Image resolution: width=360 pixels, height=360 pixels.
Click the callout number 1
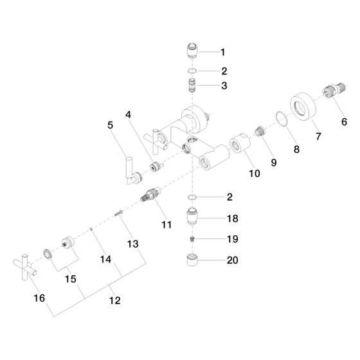222,52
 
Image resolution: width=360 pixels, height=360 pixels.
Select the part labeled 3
192,85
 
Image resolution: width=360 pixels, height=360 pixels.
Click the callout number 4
128,114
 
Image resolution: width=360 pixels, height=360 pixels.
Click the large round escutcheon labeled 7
303,106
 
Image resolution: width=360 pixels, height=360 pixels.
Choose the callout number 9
274,163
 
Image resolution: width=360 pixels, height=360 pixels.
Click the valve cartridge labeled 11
150,194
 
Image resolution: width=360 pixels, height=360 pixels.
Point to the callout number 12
115,300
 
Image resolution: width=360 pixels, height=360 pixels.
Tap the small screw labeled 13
119,213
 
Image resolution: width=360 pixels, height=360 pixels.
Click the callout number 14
105,260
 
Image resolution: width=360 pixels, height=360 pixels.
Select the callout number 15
71,279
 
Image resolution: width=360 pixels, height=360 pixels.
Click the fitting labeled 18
192,216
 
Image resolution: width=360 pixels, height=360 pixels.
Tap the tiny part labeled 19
192,239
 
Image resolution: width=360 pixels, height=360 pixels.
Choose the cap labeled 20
192,260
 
